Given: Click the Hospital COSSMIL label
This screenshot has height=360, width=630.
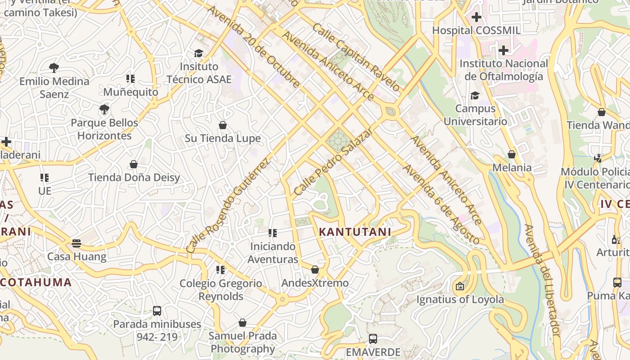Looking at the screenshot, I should [476, 31].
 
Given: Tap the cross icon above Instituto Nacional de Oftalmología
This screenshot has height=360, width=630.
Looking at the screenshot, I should [503, 50].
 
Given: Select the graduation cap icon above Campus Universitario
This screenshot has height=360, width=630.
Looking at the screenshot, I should [475, 95].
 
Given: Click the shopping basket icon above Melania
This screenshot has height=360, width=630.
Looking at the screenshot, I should [512, 154].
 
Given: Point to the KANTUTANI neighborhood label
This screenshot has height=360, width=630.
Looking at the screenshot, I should [355, 232].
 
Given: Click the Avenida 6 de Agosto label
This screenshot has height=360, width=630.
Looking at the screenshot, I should [441, 205].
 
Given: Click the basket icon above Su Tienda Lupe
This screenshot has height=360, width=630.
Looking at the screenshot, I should [222, 125].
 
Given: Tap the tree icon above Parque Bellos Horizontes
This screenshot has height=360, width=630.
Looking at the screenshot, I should [104, 109].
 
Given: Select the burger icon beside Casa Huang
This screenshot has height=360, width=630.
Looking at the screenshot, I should [76, 243].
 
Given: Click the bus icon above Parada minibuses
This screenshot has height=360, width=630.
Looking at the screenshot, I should [157, 310].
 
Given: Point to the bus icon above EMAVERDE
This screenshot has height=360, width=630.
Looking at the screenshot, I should [373, 339].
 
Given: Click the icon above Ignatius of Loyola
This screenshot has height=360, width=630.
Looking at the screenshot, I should [459, 286].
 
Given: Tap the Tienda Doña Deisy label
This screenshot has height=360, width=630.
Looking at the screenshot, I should [134, 177].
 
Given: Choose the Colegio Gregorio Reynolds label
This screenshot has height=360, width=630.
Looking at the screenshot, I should [220, 290].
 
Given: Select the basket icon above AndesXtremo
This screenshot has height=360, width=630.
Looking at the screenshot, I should [315, 270].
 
